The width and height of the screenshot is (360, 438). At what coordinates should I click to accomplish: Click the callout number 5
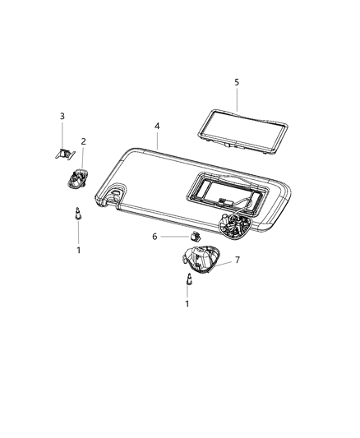click(x=236, y=82)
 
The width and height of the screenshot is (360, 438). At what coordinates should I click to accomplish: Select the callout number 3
click(x=62, y=116)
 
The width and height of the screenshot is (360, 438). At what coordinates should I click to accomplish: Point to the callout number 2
click(x=83, y=141)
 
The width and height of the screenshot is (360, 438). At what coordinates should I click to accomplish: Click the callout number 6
click(x=154, y=236)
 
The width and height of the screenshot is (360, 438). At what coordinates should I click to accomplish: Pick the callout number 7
click(x=238, y=260)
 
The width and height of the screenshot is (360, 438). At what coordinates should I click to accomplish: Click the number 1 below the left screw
click(x=79, y=249)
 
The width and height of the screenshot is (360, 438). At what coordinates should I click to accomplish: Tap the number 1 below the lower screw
click(x=187, y=304)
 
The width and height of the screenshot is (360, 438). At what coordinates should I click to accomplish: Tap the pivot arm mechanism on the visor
click(x=236, y=224)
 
